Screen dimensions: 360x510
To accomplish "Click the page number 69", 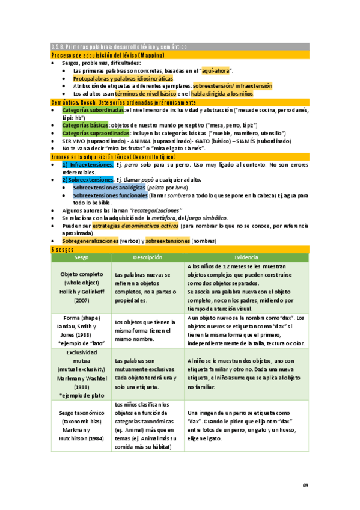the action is [x=305, y=485].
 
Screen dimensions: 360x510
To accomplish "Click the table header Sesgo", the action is [x=81, y=257].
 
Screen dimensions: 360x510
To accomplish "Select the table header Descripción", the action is [x=147, y=257].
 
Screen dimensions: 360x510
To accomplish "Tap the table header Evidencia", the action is [x=246, y=257].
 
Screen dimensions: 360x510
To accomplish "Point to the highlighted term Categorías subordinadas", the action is [x=93, y=110].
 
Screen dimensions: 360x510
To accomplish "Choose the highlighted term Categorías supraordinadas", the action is [x=96, y=132].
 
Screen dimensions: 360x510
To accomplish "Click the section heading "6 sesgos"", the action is [x=62, y=249].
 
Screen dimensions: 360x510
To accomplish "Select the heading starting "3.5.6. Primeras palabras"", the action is [x=119, y=47].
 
